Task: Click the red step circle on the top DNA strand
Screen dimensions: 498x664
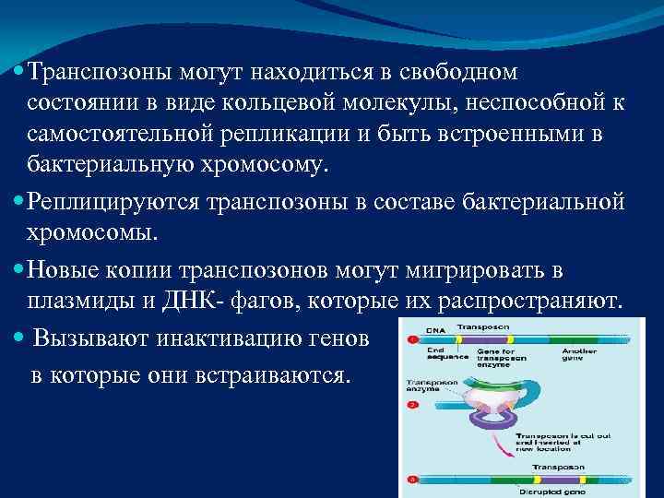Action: point(411,340)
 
